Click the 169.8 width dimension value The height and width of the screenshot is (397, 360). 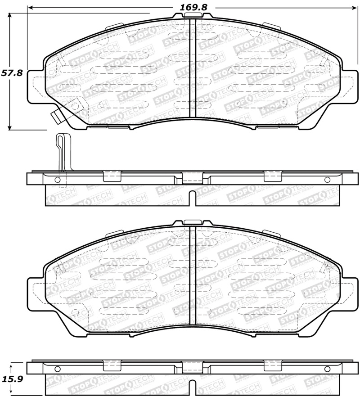(193, 7)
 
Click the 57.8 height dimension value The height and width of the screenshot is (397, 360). (12, 73)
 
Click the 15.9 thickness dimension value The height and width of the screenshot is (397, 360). (12, 379)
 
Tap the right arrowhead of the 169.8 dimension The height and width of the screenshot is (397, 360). (354, 8)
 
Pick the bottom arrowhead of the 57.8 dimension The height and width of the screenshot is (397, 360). (9, 127)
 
